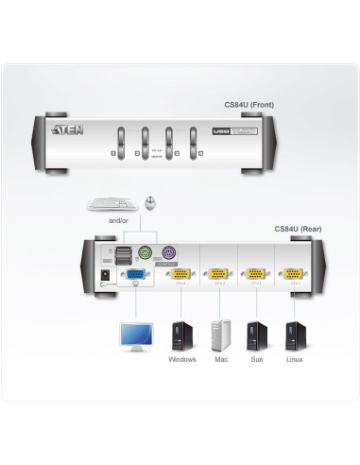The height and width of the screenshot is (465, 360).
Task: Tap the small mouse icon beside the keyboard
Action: [x=149, y=201]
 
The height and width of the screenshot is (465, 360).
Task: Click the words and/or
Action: [x=118, y=219]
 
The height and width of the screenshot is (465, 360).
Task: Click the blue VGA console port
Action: [x=136, y=275]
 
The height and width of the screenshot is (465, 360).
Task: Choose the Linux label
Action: [x=295, y=360]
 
